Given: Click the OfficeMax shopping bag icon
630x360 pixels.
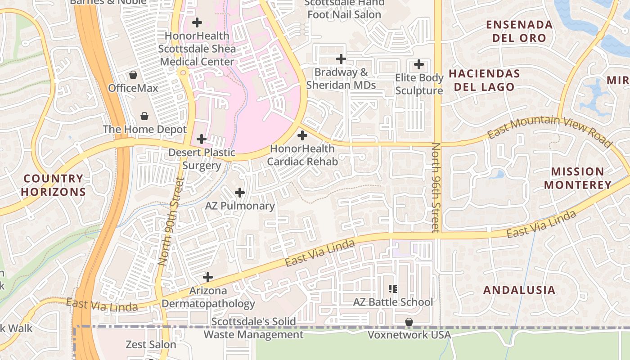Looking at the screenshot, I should (133, 74).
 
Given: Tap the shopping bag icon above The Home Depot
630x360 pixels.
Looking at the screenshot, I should (144, 116).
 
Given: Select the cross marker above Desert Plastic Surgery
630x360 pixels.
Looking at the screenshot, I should (202, 139).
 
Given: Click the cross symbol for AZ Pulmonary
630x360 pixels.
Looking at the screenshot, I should (240, 193).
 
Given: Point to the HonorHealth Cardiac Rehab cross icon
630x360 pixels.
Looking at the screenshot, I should (302, 135).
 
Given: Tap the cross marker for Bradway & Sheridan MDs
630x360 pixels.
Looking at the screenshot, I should (341, 58).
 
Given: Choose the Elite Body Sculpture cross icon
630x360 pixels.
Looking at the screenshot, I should (419, 64).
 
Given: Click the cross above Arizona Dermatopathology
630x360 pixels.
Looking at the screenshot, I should (208, 277).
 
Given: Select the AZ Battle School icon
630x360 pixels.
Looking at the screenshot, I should (393, 288).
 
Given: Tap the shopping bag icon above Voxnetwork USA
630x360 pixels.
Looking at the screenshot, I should (409, 322).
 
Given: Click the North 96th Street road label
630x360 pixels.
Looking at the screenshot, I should (436, 188).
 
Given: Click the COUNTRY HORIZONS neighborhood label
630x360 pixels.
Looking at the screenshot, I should (53, 185).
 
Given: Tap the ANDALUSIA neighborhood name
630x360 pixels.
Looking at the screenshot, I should (519, 290).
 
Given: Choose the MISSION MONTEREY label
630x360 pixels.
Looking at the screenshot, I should (577, 178).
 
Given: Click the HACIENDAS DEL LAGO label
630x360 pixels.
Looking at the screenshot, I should (484, 80).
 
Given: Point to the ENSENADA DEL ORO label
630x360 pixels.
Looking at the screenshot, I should (519, 31).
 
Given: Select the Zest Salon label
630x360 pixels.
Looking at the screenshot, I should (151, 345).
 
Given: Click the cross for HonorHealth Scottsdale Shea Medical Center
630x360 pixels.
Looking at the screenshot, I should (197, 22).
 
